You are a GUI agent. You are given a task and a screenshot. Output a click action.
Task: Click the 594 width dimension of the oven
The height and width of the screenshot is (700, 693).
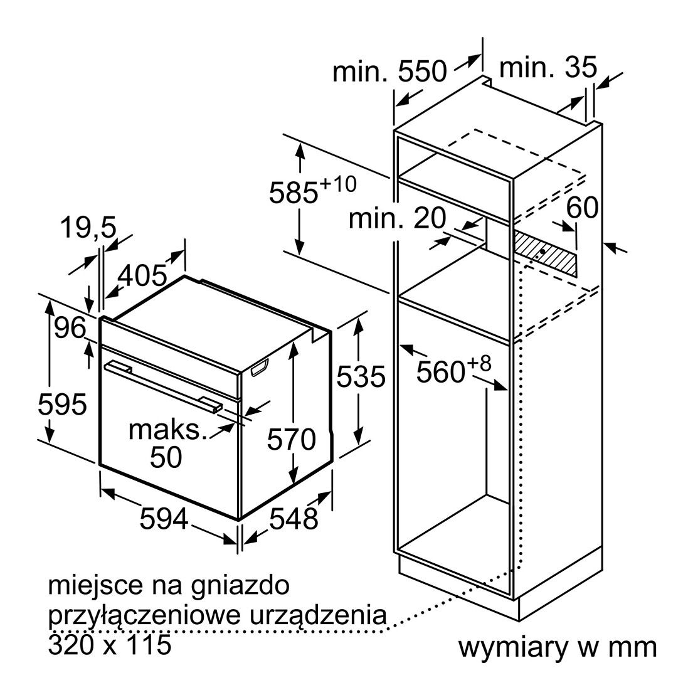point(164,519)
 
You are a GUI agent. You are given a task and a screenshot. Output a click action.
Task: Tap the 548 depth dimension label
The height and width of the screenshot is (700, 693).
point(294,518)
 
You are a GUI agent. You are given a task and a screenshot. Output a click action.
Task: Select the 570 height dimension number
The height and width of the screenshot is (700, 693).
point(292,439)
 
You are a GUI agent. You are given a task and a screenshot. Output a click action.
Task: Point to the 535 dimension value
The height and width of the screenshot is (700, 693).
point(361,376)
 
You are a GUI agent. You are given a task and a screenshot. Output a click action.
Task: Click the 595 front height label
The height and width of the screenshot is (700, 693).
point(63,405)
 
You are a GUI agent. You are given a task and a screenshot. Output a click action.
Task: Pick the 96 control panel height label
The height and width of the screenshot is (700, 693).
point(70,329)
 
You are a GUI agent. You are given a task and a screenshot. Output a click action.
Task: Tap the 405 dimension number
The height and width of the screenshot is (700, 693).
point(142,275)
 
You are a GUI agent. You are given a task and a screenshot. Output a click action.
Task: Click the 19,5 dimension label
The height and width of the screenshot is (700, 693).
point(88,227)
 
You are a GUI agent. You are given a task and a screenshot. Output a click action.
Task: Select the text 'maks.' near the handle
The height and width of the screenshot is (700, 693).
point(168,430)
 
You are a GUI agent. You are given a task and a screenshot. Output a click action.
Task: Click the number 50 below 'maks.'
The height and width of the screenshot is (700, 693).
point(166,457)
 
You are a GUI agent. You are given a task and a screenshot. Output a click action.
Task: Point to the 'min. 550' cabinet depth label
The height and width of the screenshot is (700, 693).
point(389,70)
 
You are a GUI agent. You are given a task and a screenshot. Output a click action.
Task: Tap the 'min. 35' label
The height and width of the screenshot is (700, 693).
point(548,67)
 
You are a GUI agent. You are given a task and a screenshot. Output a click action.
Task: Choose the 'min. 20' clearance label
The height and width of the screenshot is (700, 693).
point(397,218)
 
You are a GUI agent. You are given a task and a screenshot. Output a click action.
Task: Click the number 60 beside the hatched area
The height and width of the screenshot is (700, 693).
point(583,207)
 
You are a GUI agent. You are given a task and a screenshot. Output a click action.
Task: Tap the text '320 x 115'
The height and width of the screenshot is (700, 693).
point(110,644)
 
